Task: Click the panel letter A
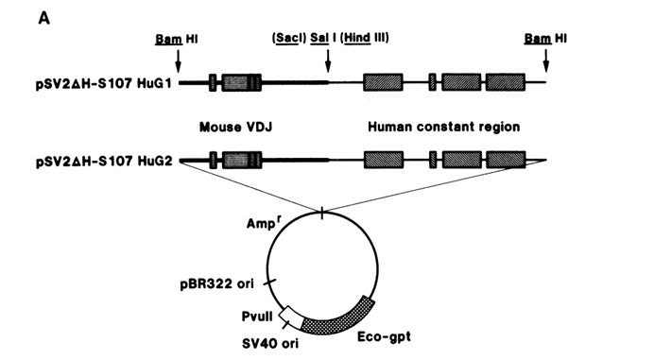[x=43, y=18]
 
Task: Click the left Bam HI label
[x=177, y=39]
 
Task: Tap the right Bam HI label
[x=545, y=39]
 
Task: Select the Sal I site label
[x=323, y=38]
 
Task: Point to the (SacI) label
[x=289, y=38]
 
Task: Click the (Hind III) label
[x=365, y=38]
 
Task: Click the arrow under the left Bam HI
[x=178, y=61]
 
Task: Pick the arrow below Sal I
[x=328, y=61]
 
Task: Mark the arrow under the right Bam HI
[x=546, y=61]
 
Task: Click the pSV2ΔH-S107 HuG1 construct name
[x=104, y=83]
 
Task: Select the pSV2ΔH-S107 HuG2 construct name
[x=104, y=161]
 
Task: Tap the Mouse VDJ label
[x=235, y=127]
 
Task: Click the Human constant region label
[x=444, y=127]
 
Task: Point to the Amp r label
[x=262, y=223]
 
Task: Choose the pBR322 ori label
[x=216, y=284]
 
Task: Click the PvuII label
[x=257, y=317]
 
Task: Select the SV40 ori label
[x=270, y=343]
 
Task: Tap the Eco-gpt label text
[x=384, y=336]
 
